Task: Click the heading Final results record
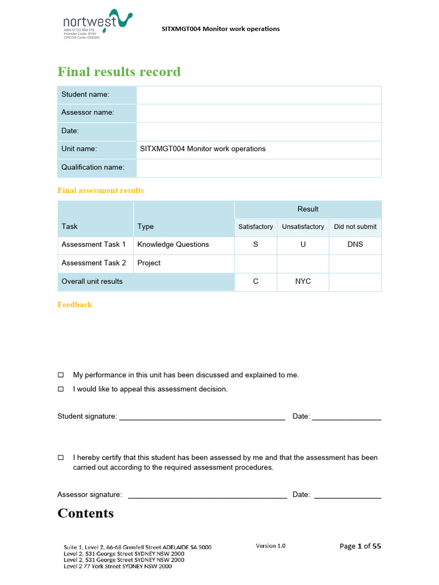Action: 119,72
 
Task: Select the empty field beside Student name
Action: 258,94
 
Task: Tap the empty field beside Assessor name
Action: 258,113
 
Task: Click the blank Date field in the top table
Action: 258,131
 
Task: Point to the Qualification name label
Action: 93,167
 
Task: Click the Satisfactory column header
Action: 256,227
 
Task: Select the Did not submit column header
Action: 355,227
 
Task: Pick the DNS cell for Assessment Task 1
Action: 355,245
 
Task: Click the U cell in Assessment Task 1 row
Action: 303,245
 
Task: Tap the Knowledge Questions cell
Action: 173,245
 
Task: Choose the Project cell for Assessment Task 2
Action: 149,263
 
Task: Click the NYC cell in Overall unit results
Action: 303,282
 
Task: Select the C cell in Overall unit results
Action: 256,282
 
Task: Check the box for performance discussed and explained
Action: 61,375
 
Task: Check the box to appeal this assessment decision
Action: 61,389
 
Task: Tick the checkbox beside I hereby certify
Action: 61,458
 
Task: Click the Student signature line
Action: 202,417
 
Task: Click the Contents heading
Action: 86,513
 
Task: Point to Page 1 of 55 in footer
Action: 360,546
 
